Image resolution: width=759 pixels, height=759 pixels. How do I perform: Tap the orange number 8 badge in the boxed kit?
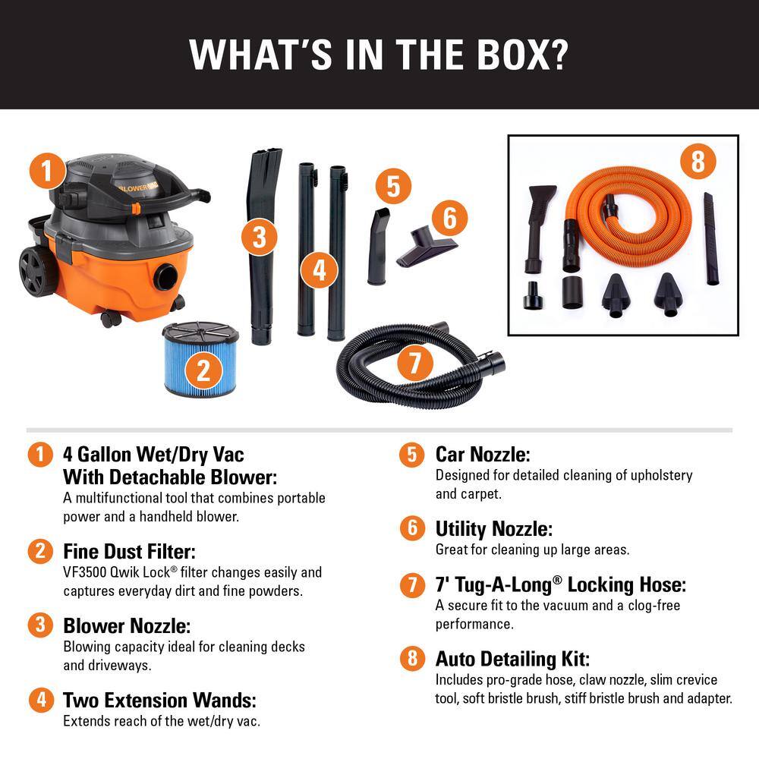[698, 161]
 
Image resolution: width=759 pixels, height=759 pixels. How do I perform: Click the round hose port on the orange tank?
[166, 277]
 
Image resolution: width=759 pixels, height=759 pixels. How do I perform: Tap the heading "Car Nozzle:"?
[482, 454]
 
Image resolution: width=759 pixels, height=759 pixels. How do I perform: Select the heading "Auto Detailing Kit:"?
[512, 657]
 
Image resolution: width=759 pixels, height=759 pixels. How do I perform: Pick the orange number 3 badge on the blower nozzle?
[260, 238]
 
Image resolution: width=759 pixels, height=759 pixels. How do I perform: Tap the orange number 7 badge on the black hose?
[414, 363]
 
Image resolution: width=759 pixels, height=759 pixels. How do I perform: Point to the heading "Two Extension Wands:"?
[159, 699]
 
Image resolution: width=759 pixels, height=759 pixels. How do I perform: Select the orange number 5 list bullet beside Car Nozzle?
[412, 455]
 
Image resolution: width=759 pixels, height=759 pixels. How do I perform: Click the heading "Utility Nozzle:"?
[493, 528]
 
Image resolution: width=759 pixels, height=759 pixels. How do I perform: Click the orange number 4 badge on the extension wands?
[320, 270]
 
